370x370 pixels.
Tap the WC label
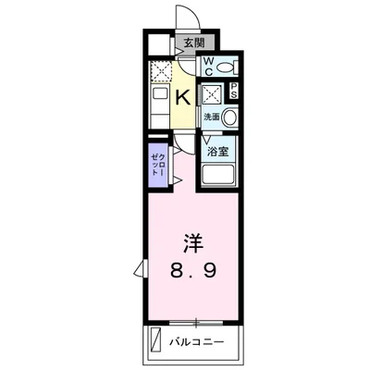[209, 66]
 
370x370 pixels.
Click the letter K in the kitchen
[182, 96]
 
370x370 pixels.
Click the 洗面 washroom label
[212, 117]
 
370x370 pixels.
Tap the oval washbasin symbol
[229, 117]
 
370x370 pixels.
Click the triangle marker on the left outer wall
[140, 268]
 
